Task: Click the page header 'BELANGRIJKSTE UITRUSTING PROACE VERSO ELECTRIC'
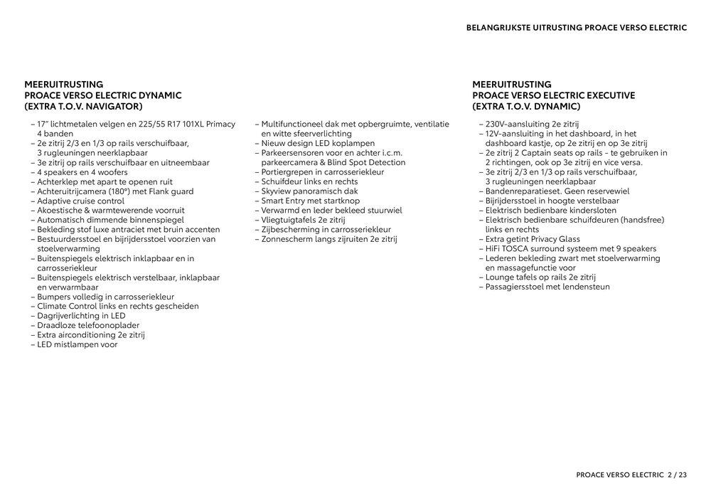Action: tap(576, 28)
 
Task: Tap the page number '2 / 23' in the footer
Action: tap(678, 475)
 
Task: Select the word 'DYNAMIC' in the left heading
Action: tap(156, 95)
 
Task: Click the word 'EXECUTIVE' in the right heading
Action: tap(611, 95)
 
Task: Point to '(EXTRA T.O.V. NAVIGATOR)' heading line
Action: tap(83, 107)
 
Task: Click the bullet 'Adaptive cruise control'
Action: tap(80, 201)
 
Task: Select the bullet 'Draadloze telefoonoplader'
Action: tap(88, 326)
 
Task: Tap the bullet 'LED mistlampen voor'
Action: tap(77, 345)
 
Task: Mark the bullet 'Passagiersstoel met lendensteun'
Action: tap(547, 287)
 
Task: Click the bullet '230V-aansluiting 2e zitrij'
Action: tap(532, 124)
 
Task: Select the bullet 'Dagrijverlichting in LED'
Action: tap(81, 316)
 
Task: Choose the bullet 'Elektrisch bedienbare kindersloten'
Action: tap(552, 211)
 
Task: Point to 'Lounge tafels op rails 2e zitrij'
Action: tap(540, 277)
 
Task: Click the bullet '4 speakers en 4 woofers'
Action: tap(82, 172)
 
